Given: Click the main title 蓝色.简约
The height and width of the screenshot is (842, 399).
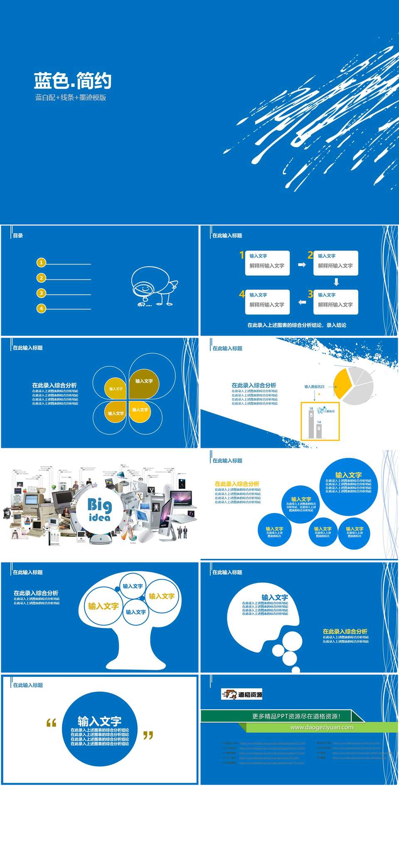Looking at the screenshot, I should pyautogui.click(x=72, y=81).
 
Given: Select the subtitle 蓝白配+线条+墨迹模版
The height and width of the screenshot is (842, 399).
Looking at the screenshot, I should pyautogui.click(x=71, y=98).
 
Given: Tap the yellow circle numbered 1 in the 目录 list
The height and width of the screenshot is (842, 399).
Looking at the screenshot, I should pyautogui.click(x=41, y=263).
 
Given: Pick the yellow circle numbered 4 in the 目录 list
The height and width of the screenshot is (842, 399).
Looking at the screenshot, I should pyautogui.click(x=41, y=309).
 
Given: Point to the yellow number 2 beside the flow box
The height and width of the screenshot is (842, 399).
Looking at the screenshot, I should pyautogui.click(x=310, y=255).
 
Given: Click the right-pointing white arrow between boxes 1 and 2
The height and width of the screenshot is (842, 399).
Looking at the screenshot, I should pyautogui.click(x=302, y=264).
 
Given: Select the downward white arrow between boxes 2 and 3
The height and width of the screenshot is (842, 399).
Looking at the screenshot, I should pyautogui.click(x=336, y=282).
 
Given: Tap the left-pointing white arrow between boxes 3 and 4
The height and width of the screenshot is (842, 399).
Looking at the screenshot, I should pyautogui.click(x=302, y=302).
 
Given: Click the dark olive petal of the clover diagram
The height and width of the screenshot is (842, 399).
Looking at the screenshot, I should pyautogui.click(x=143, y=382).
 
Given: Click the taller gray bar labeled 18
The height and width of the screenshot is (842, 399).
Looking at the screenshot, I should pyautogui.click(x=311, y=424).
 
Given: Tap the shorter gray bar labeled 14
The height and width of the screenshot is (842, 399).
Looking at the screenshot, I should pyautogui.click(x=319, y=431).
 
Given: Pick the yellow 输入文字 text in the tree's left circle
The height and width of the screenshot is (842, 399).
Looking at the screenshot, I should pyautogui.click(x=103, y=606).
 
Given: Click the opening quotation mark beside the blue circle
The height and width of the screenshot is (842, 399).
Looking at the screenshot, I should pyautogui.click(x=51, y=723).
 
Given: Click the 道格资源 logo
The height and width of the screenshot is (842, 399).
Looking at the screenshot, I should pyautogui.click(x=242, y=694).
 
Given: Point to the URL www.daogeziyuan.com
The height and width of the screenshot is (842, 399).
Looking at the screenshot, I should pyautogui.click(x=322, y=727).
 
